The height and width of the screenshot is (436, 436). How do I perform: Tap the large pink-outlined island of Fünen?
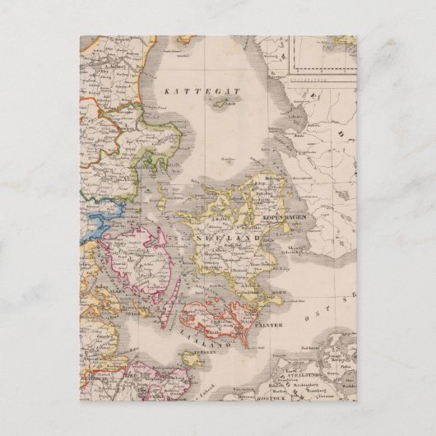pyautogui.click(x=146, y=257)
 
